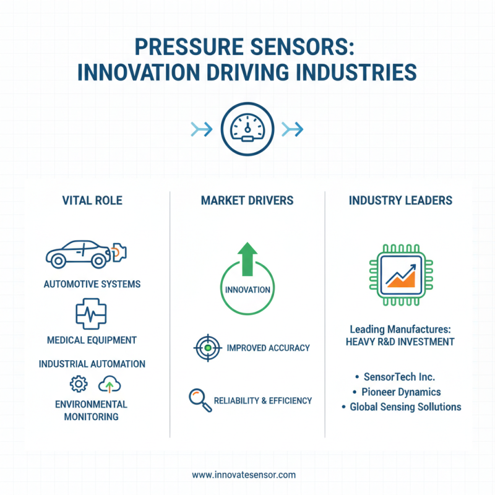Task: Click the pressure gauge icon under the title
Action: pyautogui.click(x=247, y=129)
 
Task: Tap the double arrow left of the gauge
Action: pyautogui.click(x=202, y=129)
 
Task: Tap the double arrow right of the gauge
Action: pyautogui.click(x=291, y=129)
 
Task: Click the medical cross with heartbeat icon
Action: pyautogui.click(x=91, y=313)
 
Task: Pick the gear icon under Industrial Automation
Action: pyautogui.click(x=79, y=384)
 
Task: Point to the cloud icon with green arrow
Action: pyautogui.click(x=110, y=385)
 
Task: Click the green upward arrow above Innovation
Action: pyautogui.click(x=247, y=257)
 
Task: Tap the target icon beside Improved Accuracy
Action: pyautogui.click(x=208, y=348)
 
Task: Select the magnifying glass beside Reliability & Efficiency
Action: pyautogui.click(x=198, y=399)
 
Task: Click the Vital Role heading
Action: pyautogui.click(x=92, y=200)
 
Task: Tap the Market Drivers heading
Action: pyautogui.click(x=247, y=200)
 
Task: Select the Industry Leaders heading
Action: pyautogui.click(x=400, y=200)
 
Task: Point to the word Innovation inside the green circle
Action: pyautogui.click(x=247, y=290)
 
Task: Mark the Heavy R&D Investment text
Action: pyautogui.click(x=402, y=342)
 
